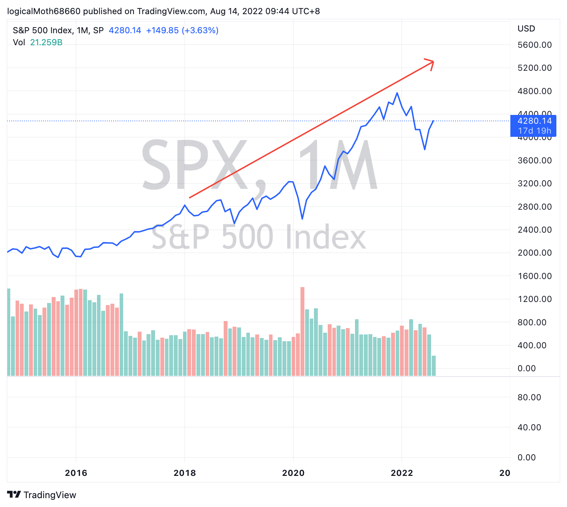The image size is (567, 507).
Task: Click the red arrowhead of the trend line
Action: coord(432,62)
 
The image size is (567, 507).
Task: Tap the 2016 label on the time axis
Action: coord(76,473)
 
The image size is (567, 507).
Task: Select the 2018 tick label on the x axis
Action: coord(184,473)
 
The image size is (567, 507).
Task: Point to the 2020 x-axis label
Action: coord(293,473)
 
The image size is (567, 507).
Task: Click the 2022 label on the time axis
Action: coord(402,473)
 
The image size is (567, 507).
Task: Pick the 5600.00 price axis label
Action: coord(534,45)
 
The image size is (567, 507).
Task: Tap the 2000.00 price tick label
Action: coord(534,253)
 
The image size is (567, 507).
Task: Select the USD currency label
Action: coord(526,29)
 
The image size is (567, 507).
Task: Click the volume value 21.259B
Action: coord(46,42)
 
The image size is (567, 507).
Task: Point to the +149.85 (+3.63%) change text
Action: coord(182,30)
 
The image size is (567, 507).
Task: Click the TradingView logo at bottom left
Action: coord(42,495)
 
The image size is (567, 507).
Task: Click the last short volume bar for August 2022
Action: coord(434,365)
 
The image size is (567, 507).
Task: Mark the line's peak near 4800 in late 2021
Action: coord(397,93)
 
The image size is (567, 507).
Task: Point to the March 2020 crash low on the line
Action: coord(302,219)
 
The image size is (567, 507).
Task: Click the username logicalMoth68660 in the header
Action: coord(44,11)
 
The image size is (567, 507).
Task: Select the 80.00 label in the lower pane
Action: coord(529,397)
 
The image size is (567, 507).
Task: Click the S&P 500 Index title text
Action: coord(42,30)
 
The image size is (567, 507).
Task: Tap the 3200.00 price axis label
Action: coord(534,183)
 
